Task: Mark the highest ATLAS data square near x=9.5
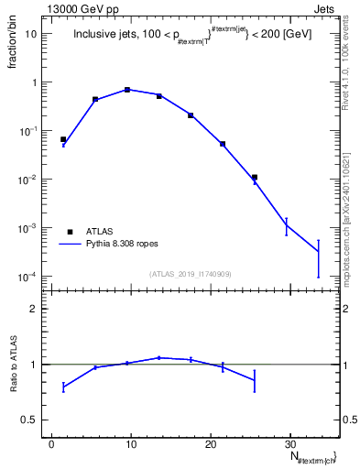pyautogui.click(x=127, y=90)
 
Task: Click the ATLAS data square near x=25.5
pyautogui.click(x=255, y=177)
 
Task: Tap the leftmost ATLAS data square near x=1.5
pyautogui.click(x=63, y=139)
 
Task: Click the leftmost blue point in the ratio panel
pyautogui.click(x=63, y=387)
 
